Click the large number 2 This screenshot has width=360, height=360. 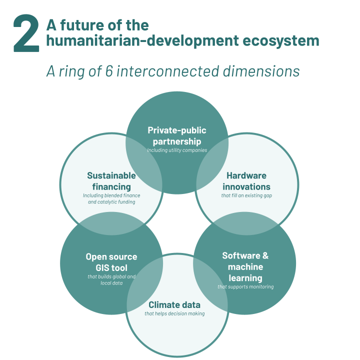[26, 33]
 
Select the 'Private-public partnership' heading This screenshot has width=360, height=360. [177, 135]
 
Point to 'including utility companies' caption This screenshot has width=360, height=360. [177, 149]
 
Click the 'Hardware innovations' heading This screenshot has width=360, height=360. [246, 181]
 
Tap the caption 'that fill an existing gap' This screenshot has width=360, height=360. [246, 195]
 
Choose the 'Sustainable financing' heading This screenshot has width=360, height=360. [111, 181]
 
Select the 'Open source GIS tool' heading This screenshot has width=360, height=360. [111, 262]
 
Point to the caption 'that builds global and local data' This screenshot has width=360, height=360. [111, 280]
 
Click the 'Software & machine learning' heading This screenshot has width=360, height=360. [245, 266]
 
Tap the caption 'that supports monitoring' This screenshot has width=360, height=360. [245, 286]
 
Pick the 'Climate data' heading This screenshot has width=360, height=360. [174, 304]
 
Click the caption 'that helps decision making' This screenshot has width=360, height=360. [174, 313]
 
